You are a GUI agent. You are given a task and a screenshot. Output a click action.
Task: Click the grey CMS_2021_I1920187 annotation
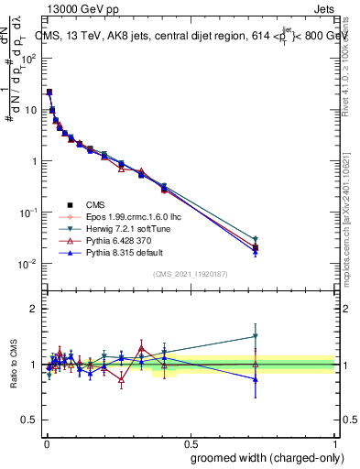(x=189, y=274)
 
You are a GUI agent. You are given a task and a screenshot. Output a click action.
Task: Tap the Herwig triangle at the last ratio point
(x=256, y=336)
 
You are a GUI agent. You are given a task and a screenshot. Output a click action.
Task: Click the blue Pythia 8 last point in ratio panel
(x=256, y=379)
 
